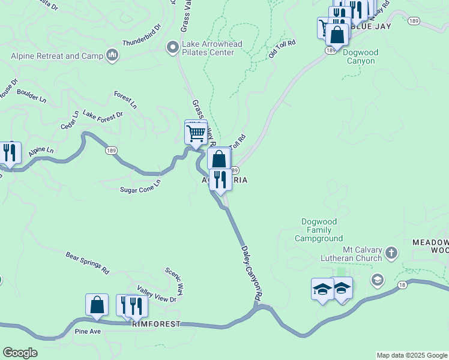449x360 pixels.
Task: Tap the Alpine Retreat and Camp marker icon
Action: click(x=112, y=56)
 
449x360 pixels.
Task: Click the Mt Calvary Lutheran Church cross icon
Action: click(x=391, y=252)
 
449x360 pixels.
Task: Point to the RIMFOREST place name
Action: click(x=157, y=323)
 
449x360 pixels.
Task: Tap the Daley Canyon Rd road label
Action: click(x=252, y=272)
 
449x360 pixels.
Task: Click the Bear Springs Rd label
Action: click(x=88, y=263)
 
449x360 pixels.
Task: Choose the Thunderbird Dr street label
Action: click(x=142, y=35)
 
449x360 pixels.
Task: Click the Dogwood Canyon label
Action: click(x=360, y=56)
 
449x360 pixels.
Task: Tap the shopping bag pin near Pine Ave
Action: click(x=97, y=305)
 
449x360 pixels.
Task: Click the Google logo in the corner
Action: click(x=20, y=353)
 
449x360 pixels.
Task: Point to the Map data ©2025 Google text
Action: click(x=412, y=355)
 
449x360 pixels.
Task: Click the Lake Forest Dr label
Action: click(x=103, y=114)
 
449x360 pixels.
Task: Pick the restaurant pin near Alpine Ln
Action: click(x=9, y=153)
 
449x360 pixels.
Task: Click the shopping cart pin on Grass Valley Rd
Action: click(x=196, y=133)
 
